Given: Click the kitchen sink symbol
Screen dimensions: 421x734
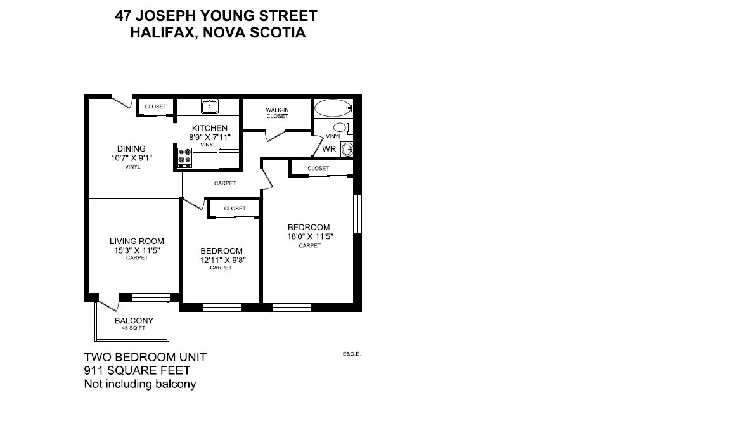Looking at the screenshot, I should [209, 106].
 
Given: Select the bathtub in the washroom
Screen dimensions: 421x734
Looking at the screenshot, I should [332, 108].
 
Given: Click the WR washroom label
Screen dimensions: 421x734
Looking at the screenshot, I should [329, 150].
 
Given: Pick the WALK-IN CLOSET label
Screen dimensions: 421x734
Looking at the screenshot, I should [277, 113].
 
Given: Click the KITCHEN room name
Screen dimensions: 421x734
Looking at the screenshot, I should [209, 128].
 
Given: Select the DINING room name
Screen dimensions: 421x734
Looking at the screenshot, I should [131, 149].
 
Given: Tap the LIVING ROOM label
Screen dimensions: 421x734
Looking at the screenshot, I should [137, 241].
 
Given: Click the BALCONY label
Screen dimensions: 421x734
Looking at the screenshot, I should [134, 321].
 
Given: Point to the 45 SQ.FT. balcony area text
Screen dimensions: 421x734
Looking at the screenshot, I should [134, 328].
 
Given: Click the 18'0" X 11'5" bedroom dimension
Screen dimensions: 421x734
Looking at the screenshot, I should [310, 236].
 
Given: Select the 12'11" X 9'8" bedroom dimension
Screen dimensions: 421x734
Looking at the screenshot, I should [221, 260].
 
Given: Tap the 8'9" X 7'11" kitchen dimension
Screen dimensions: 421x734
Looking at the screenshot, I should [209, 137].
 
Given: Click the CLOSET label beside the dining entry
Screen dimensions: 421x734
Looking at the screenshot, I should [155, 107].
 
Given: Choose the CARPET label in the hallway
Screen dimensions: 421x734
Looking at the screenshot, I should [225, 183].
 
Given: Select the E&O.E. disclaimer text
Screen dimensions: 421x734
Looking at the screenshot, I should [351, 355].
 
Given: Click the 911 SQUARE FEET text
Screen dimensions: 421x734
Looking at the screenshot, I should [137, 370].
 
